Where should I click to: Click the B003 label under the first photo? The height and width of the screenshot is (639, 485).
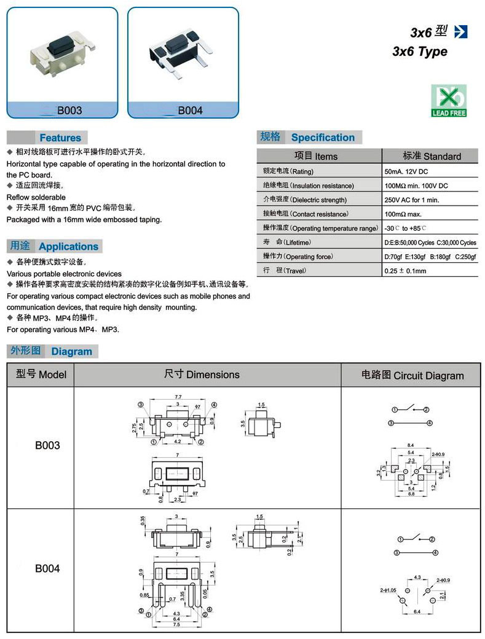pyautogui.click(x=69, y=111)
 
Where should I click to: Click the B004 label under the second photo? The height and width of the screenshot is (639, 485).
pyautogui.click(x=190, y=111)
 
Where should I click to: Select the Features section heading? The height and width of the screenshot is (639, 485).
pyautogui.click(x=60, y=137)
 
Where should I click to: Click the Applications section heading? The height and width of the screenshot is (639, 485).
pyautogui.click(x=68, y=246)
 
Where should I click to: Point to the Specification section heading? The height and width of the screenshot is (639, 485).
pyautogui.click(x=323, y=137)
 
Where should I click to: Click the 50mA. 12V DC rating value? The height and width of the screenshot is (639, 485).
pyautogui.click(x=407, y=171)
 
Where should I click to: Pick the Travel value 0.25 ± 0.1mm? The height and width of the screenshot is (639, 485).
pyautogui.click(x=405, y=271)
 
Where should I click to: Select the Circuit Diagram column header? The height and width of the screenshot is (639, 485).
pyautogui.click(x=412, y=375)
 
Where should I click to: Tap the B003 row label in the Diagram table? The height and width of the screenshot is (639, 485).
pyautogui.click(x=47, y=446)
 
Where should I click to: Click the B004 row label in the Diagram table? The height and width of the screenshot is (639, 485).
pyautogui.click(x=47, y=568)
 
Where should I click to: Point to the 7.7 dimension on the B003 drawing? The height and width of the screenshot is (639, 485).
pyautogui.click(x=178, y=398)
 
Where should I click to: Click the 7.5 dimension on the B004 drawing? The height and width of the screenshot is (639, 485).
pyautogui.click(x=176, y=625)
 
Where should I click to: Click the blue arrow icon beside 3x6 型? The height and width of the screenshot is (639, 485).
pyautogui.click(x=459, y=32)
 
